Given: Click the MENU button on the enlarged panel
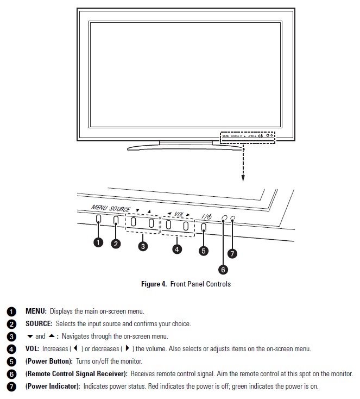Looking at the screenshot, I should (x=98, y=220).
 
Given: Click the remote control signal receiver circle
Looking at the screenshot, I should (x=224, y=218).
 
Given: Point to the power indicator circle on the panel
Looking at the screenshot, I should (x=232, y=218).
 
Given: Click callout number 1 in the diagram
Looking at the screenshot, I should (x=98, y=242).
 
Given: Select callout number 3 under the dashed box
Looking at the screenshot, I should (x=143, y=246).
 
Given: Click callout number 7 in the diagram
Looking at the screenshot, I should (x=232, y=254).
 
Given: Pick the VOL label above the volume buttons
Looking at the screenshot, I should (x=180, y=214).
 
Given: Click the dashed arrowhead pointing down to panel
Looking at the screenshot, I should (x=243, y=178).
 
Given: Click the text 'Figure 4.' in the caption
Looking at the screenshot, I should (x=154, y=284).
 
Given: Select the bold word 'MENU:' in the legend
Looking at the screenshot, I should (x=36, y=311).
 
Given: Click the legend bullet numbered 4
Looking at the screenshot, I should (x=11, y=349).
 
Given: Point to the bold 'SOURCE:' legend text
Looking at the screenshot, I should (x=39, y=324).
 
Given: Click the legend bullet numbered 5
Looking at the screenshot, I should (x=11, y=361).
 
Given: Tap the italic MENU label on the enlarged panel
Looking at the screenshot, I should (x=99, y=208).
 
